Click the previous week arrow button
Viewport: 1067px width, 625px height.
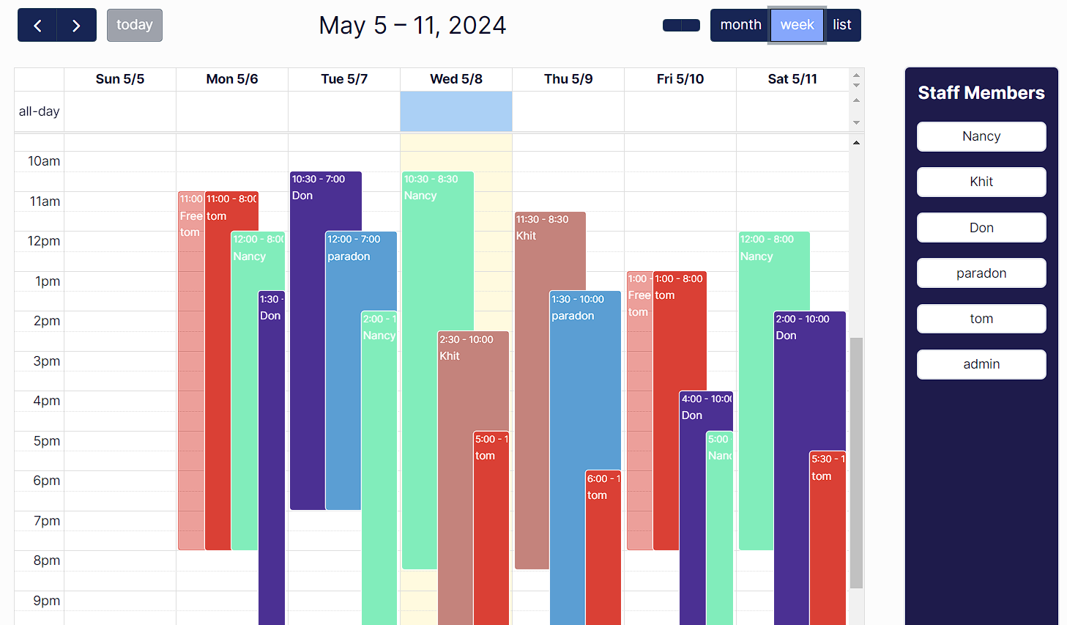[x=37, y=25]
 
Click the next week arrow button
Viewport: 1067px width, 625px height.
[x=76, y=25]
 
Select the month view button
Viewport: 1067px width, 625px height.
[x=740, y=25]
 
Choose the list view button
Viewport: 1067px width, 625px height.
[x=842, y=25]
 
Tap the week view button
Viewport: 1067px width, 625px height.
[x=797, y=25]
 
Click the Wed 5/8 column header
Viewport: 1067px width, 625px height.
[x=456, y=79]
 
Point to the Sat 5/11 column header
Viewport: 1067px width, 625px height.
[x=792, y=79]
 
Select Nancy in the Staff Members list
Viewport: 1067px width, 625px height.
[x=981, y=136]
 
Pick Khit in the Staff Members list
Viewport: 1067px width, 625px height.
[x=981, y=182]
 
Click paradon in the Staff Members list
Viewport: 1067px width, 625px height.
[x=981, y=273]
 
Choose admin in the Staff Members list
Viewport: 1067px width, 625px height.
[x=981, y=364]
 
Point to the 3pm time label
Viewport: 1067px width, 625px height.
[x=46, y=361]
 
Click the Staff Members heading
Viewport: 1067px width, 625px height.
[x=981, y=93]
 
